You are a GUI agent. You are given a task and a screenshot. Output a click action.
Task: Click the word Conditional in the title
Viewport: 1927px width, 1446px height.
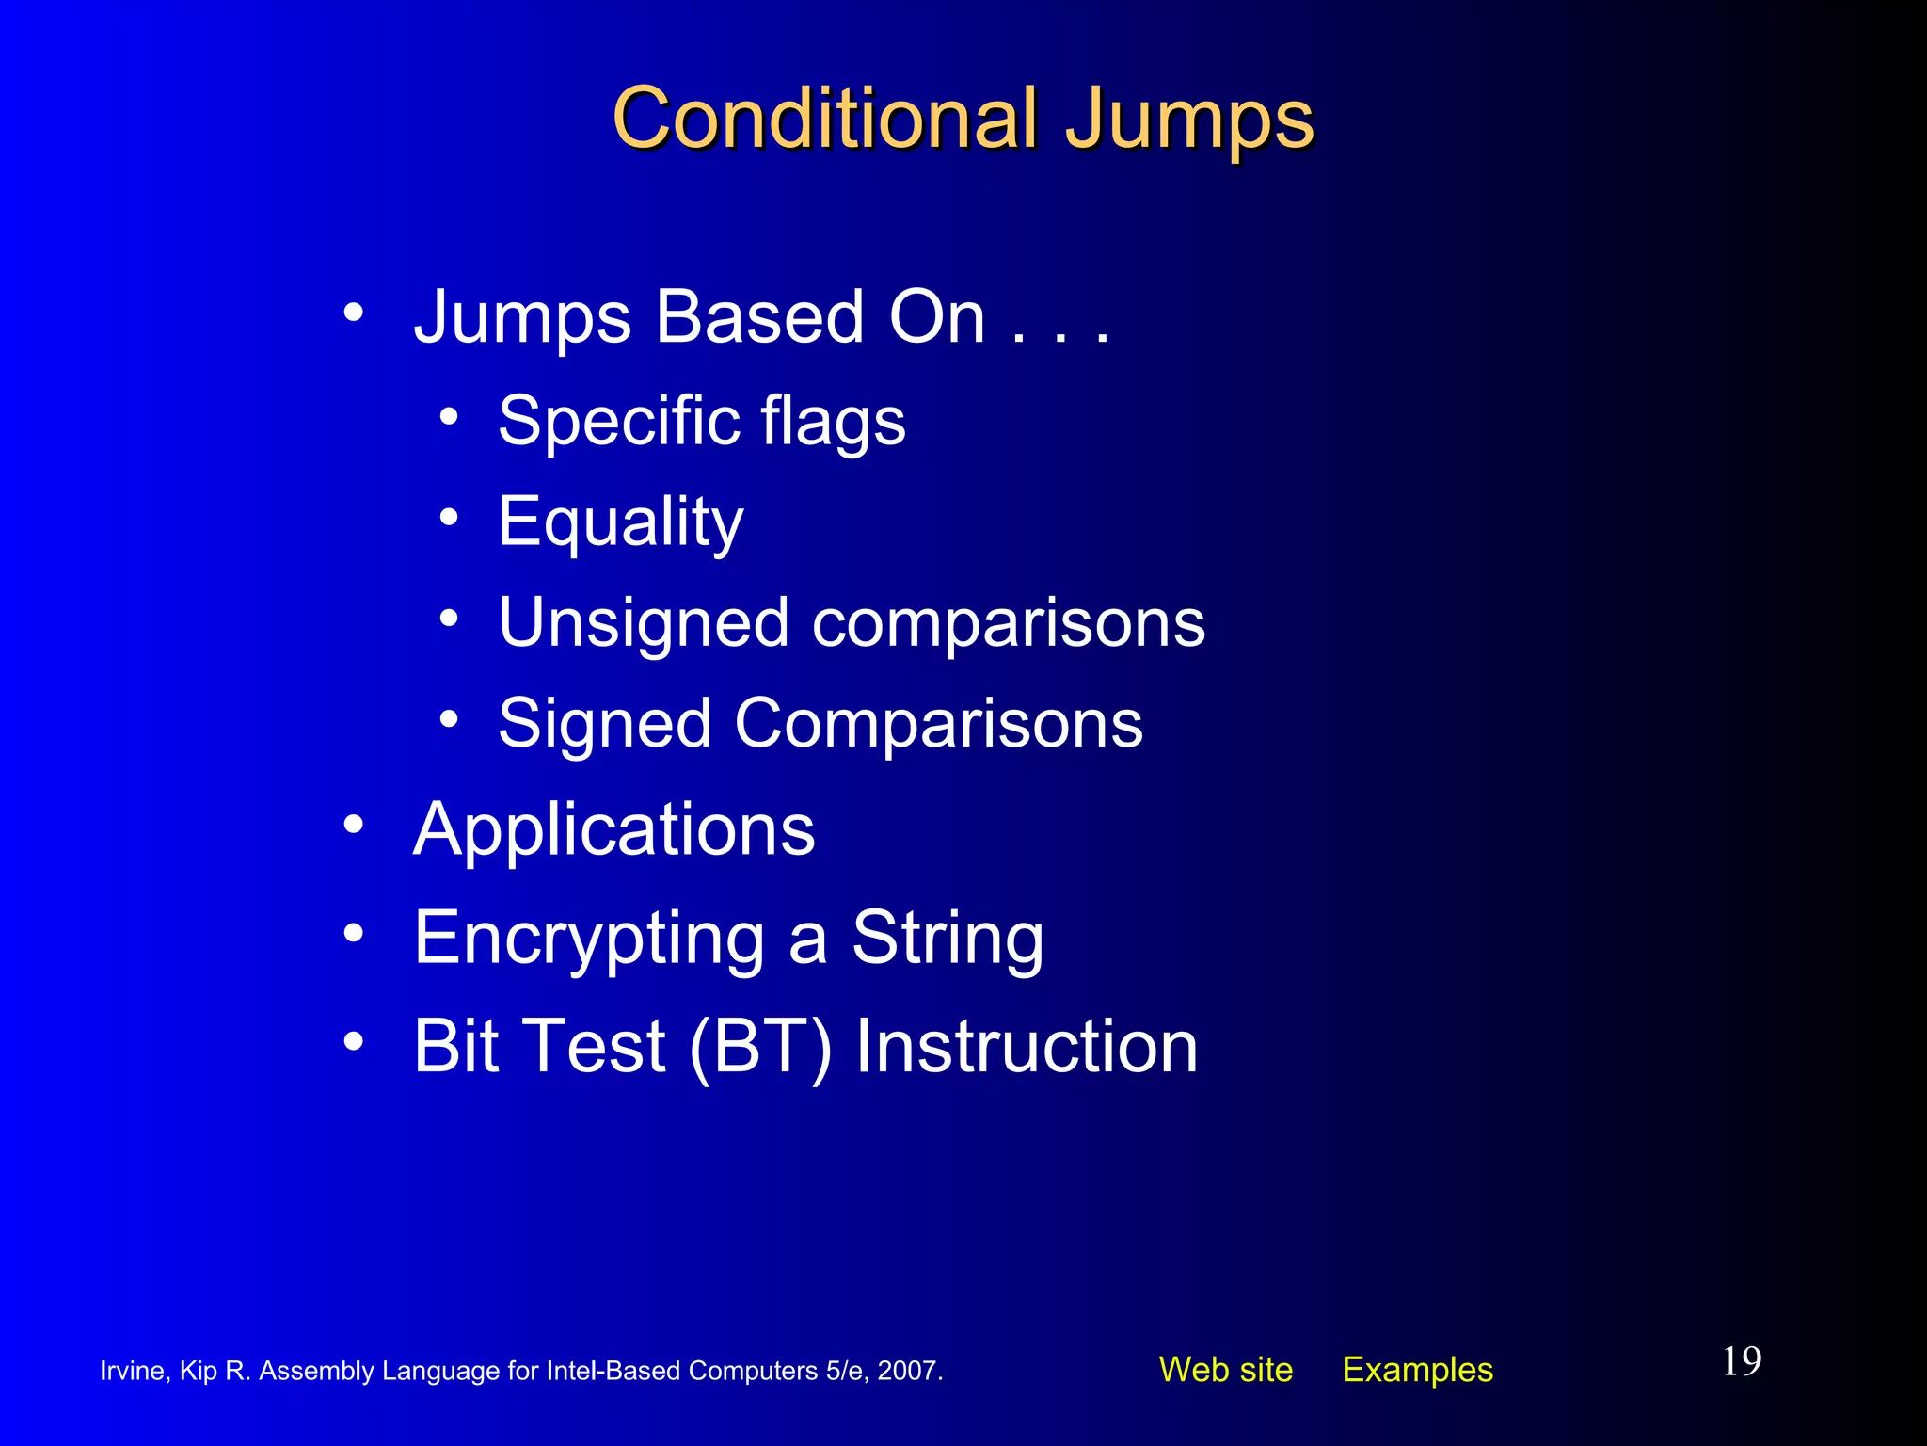coord(824,119)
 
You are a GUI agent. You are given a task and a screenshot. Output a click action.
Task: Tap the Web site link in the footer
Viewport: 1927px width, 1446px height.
coord(1225,1370)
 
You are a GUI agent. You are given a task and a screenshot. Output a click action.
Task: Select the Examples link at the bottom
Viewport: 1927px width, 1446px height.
coord(1417,1370)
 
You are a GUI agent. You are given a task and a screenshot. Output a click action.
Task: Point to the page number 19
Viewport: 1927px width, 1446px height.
coord(1742,1361)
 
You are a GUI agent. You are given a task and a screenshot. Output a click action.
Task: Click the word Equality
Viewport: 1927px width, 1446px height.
coord(620,522)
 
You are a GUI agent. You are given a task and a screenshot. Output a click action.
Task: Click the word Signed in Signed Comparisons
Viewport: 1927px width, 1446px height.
coord(604,725)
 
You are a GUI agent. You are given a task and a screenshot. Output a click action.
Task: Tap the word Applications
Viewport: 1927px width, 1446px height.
coord(613,830)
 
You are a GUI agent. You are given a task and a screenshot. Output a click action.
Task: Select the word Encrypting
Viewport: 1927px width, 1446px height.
coord(589,940)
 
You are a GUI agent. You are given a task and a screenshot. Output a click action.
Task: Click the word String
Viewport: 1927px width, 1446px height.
coord(947,940)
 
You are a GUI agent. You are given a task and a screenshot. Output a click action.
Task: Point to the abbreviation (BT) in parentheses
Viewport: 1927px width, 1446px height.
coord(760,1047)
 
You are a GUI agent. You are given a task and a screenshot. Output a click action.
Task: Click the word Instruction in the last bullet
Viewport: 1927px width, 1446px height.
coord(1026,1047)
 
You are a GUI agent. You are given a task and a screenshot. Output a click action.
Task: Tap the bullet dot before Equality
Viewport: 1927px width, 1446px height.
coord(449,517)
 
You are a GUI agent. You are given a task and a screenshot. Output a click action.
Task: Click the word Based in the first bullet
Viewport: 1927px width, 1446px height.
coord(758,317)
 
